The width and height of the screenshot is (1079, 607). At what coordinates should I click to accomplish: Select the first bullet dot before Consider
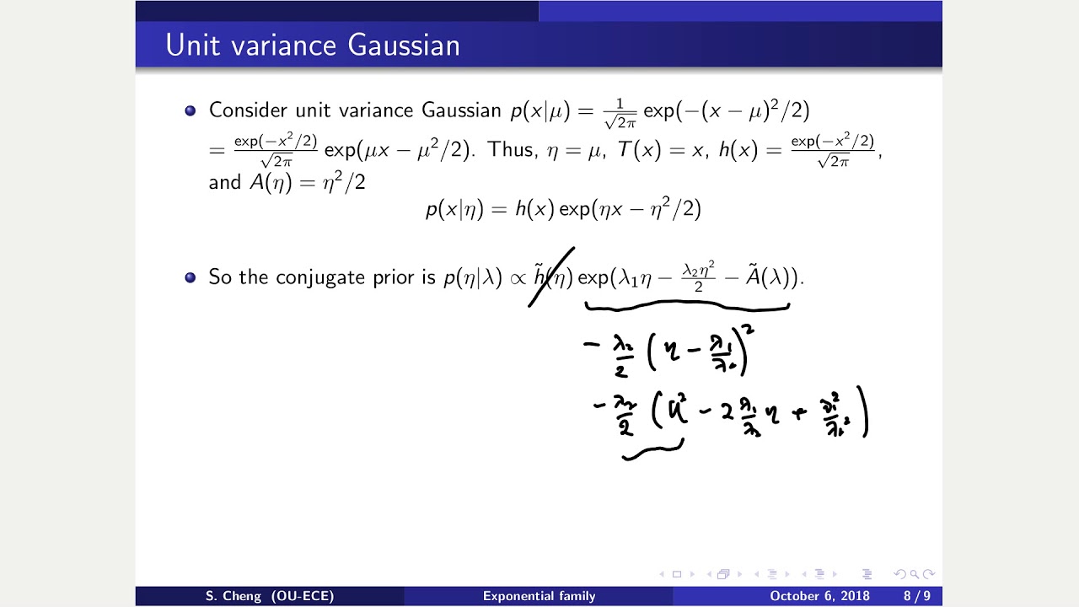(x=190, y=110)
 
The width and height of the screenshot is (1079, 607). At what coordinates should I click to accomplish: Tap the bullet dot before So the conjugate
(x=190, y=277)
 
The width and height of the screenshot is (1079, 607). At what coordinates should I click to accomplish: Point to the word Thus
(x=511, y=150)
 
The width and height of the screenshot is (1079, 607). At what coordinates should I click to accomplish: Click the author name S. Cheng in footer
(x=270, y=596)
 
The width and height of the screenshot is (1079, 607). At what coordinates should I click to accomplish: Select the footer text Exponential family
(x=539, y=596)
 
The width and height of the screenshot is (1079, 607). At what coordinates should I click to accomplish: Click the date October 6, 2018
(x=819, y=596)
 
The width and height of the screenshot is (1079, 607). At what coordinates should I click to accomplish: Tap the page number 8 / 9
(x=917, y=596)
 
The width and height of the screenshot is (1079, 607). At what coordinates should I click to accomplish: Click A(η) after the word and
(x=269, y=182)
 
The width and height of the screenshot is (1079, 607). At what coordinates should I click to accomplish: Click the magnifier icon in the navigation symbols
(x=914, y=574)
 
